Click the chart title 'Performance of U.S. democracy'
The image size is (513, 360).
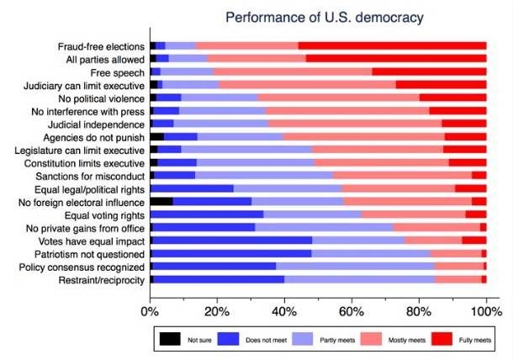click(317, 17)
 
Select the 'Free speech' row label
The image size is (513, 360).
click(118, 72)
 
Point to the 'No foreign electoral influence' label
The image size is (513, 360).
click(83, 201)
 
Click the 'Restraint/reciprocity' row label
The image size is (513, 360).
click(99, 279)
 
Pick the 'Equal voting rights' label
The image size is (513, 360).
click(103, 214)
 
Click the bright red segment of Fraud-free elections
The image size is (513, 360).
click(392, 45)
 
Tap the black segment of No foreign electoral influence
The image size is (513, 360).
click(161, 201)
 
